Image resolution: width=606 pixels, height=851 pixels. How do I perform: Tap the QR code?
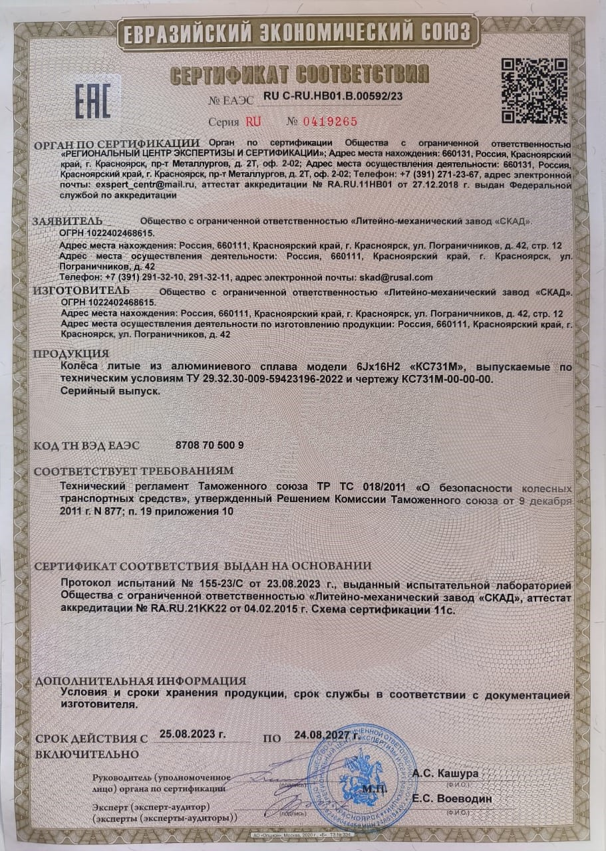click(x=533, y=90)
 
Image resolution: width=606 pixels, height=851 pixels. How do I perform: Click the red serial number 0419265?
click(x=322, y=121)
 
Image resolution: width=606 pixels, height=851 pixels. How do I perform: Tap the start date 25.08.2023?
click(x=193, y=735)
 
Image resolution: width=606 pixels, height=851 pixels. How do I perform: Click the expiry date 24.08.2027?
click(x=327, y=736)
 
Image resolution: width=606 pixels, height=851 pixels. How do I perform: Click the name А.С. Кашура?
click(x=445, y=774)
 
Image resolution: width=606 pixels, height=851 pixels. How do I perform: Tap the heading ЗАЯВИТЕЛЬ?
click(x=69, y=220)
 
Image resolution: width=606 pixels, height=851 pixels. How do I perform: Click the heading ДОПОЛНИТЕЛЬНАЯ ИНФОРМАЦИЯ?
click(x=140, y=681)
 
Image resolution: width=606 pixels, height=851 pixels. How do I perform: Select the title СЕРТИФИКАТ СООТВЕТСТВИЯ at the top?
click(x=299, y=74)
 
